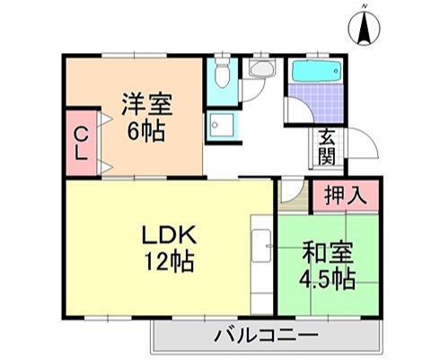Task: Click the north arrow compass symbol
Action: (x=365, y=31)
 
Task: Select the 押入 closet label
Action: (x=345, y=195)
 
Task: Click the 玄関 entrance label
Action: (x=327, y=147)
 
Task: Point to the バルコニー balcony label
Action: (x=266, y=338)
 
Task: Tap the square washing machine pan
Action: (x=221, y=127)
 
